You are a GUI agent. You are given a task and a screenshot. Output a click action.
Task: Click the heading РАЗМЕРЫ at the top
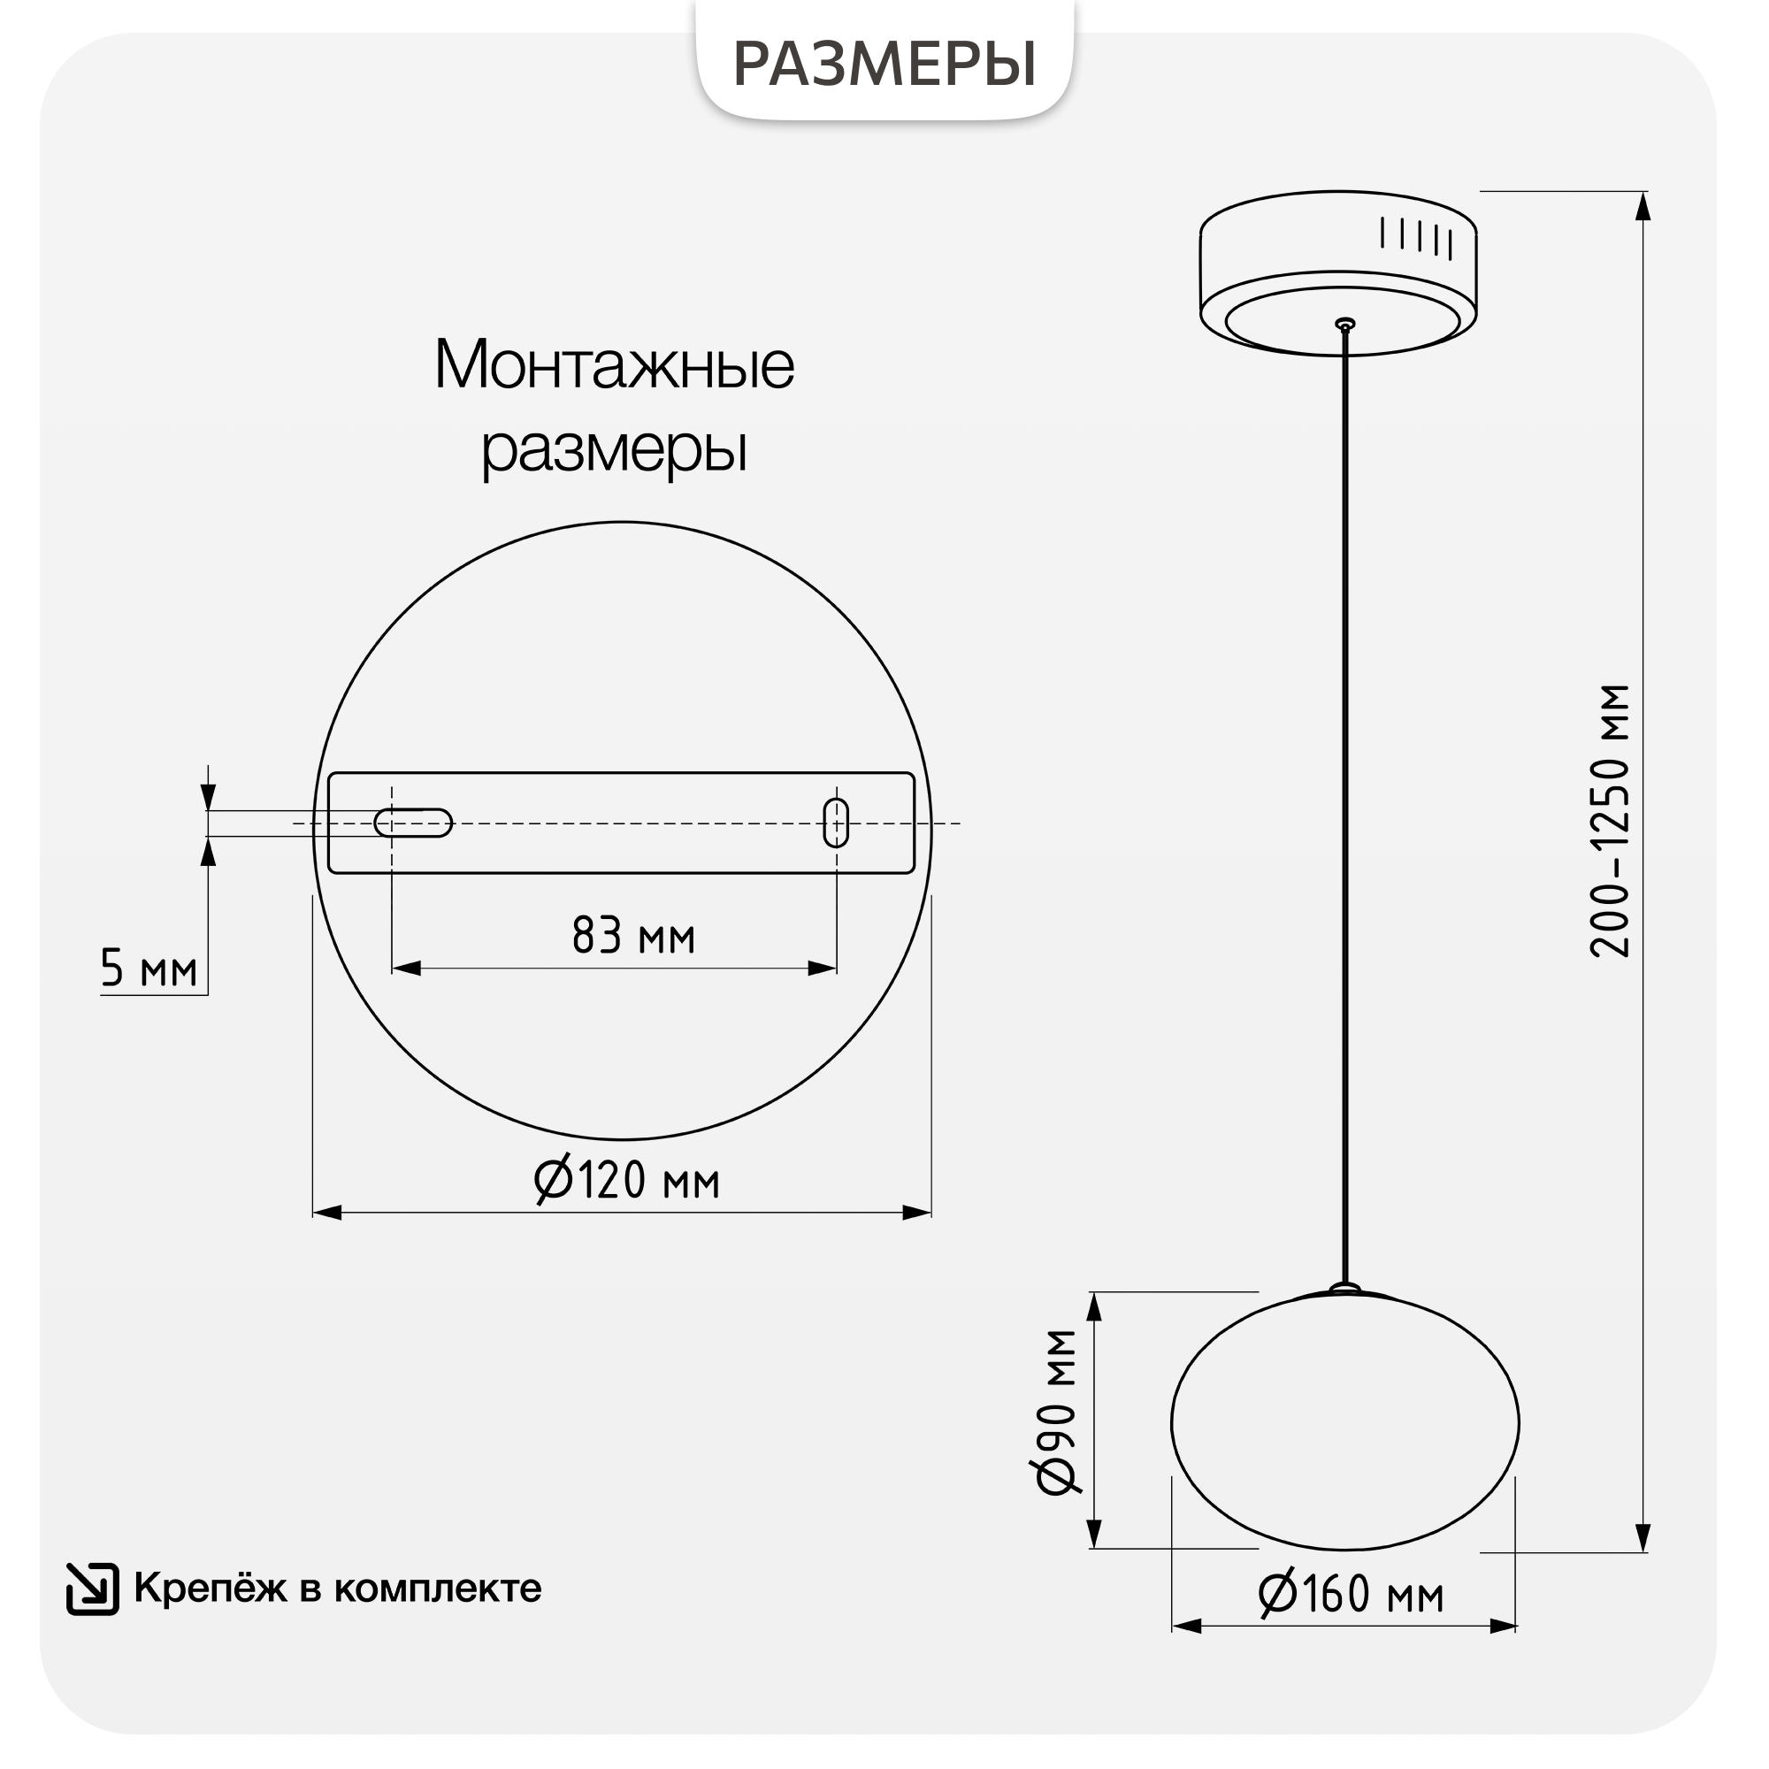click(x=884, y=64)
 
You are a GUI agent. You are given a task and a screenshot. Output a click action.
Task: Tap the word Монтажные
click(x=615, y=364)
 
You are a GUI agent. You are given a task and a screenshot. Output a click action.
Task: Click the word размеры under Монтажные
click(x=615, y=449)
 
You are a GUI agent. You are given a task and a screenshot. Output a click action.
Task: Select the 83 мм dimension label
click(x=633, y=935)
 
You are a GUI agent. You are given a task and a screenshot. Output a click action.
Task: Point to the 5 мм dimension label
click(x=149, y=968)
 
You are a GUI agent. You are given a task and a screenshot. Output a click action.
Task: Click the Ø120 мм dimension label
click(x=627, y=1179)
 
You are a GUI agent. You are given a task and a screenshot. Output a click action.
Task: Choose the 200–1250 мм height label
click(x=1609, y=822)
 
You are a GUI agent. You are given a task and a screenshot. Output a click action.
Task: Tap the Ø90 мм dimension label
click(x=1056, y=1412)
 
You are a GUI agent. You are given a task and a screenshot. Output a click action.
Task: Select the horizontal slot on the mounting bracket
click(x=413, y=823)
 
